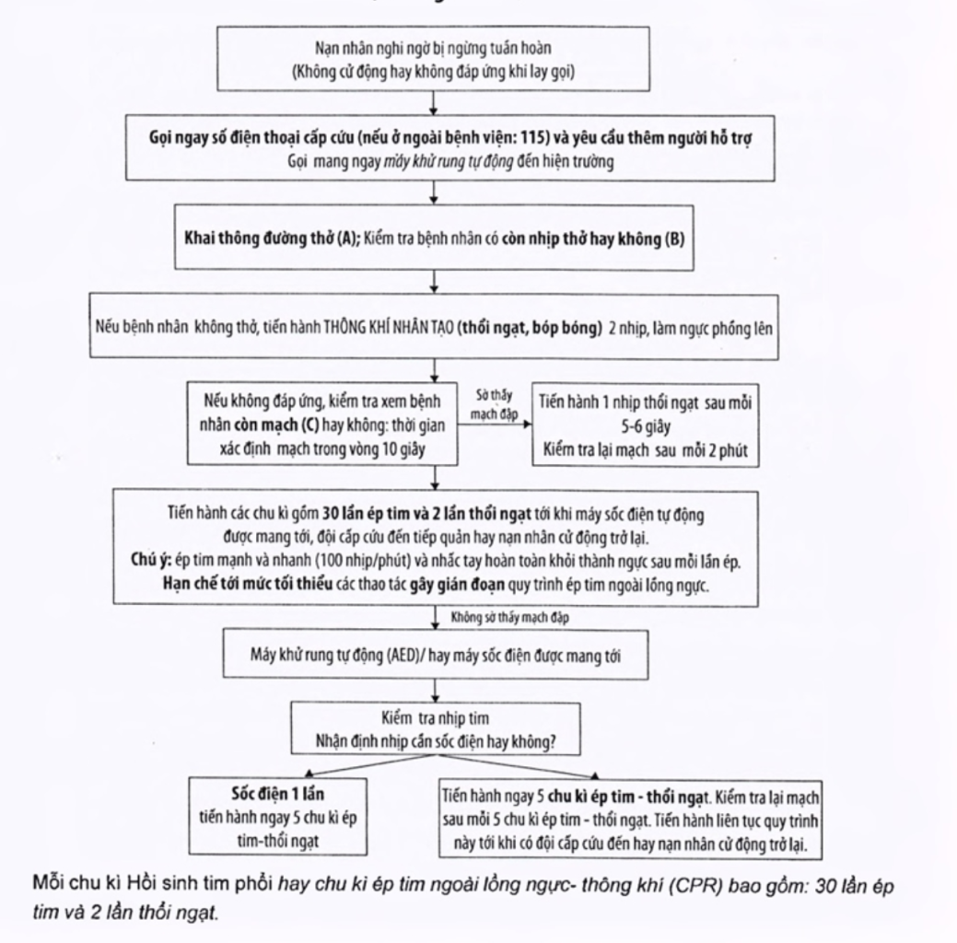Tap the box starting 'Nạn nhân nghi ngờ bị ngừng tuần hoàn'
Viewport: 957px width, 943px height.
[433, 59]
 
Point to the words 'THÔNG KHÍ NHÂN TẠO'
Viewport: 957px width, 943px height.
[388, 328]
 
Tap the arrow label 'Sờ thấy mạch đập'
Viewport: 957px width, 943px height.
[494, 404]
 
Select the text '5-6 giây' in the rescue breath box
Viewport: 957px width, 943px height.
[646, 426]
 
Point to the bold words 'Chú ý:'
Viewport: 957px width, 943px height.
[151, 560]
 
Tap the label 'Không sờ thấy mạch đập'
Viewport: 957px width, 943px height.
[509, 617]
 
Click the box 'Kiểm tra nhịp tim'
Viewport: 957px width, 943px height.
[436, 728]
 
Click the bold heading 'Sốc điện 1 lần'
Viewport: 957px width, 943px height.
[277, 794]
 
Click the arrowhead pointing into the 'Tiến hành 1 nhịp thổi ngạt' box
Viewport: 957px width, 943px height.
[528, 425]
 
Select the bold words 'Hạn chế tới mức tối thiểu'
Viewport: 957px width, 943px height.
[248, 584]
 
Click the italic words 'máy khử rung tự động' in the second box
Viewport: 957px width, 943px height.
[448, 162]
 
